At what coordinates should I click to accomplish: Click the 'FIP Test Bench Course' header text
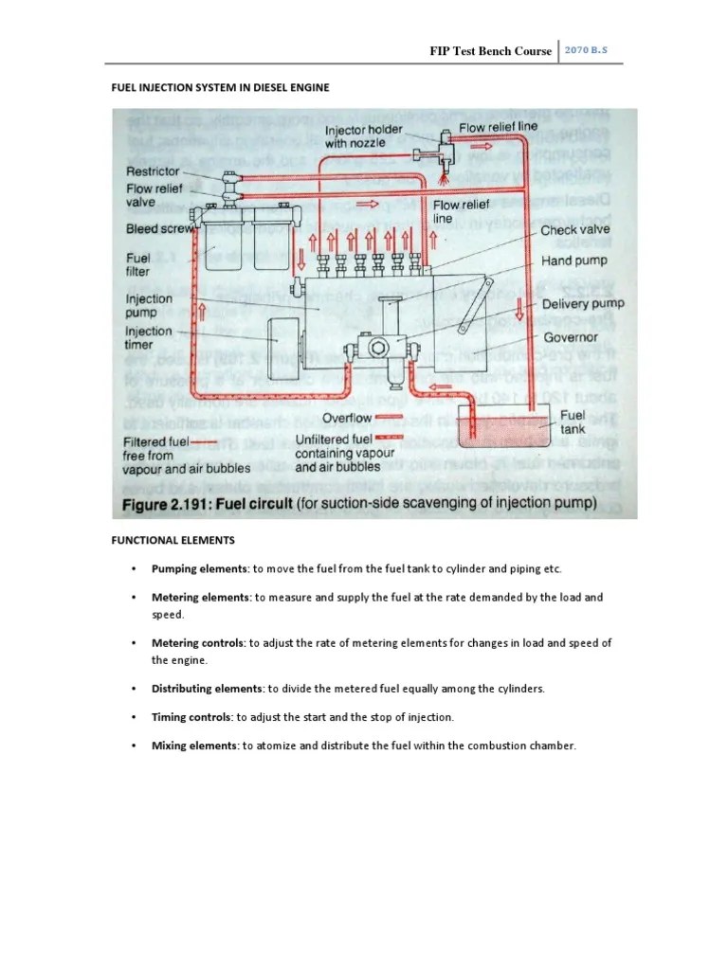pyautogui.click(x=490, y=51)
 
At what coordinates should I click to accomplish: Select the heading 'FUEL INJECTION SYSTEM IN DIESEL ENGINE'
pyautogui.click(x=222, y=88)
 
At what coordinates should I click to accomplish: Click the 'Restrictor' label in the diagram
pyautogui.click(x=153, y=171)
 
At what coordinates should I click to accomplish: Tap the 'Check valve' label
pyautogui.click(x=575, y=230)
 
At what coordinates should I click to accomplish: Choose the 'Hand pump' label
pyautogui.click(x=573, y=260)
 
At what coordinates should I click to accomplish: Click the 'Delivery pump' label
pyautogui.click(x=583, y=304)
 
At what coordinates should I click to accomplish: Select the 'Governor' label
pyautogui.click(x=570, y=336)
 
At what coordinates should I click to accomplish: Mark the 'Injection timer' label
pyautogui.click(x=149, y=338)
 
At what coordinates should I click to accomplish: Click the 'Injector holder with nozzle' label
pyautogui.click(x=364, y=136)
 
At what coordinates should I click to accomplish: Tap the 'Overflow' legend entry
pyautogui.click(x=347, y=418)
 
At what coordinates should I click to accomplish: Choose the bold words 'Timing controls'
pyautogui.click(x=192, y=716)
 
